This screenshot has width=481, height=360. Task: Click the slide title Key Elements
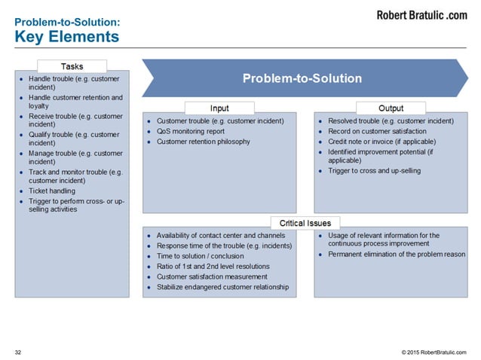pyautogui.click(x=66, y=36)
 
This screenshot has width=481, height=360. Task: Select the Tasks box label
pyautogui.click(x=72, y=67)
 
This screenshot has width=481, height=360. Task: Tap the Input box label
pyautogui.click(x=219, y=108)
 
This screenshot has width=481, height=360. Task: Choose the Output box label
pyautogui.click(x=391, y=108)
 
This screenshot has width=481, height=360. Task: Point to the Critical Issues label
pyautogui.click(x=305, y=223)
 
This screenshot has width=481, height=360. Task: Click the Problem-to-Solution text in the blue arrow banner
pyautogui.click(x=302, y=78)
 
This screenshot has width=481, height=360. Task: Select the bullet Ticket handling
pyautogui.click(x=51, y=191)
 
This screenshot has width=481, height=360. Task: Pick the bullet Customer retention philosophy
pyautogui.click(x=203, y=142)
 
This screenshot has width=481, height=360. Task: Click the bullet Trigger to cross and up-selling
pyautogui.click(x=375, y=171)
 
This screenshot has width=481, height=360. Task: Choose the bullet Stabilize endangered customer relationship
pyautogui.click(x=222, y=287)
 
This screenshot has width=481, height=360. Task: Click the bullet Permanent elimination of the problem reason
pyautogui.click(x=397, y=255)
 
